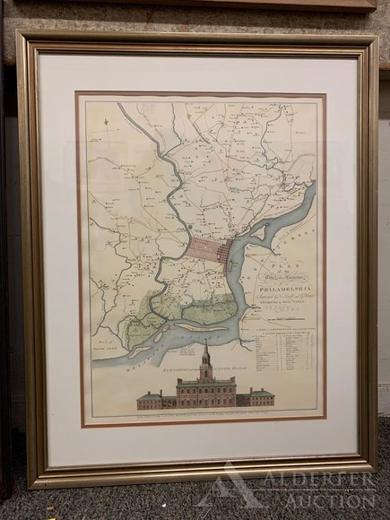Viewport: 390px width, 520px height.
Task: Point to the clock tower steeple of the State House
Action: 205,355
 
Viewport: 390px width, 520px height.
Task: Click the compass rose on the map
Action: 106,134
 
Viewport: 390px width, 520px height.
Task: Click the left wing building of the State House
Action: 151,398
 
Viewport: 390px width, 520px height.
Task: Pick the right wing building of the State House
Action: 260,396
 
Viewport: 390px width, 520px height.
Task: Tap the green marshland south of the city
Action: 175,300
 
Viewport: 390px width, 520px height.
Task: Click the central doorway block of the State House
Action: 205,392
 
